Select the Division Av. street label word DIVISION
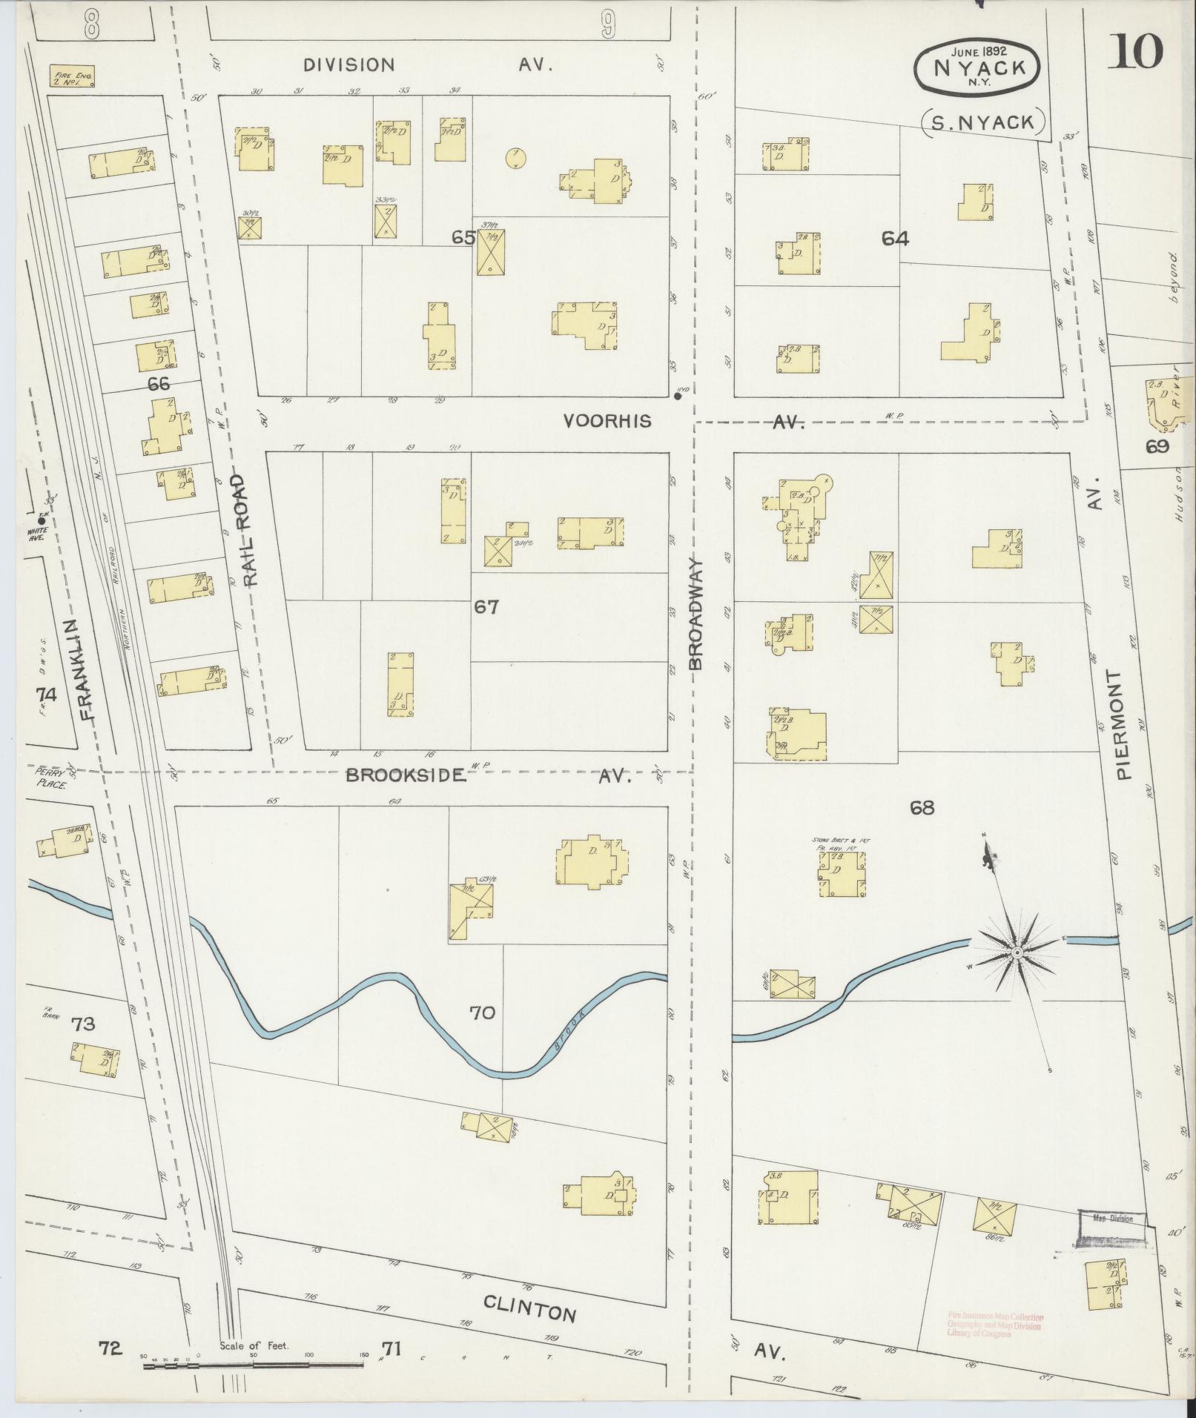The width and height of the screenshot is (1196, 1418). pyautogui.click(x=348, y=65)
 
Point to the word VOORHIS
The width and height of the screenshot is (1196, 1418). pyautogui.click(x=607, y=421)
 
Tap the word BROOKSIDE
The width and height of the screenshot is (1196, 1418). pyautogui.click(x=406, y=776)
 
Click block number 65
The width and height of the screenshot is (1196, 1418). pyautogui.click(x=463, y=238)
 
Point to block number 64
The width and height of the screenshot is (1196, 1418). pyautogui.click(x=895, y=238)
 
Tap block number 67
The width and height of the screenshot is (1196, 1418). pyautogui.click(x=486, y=607)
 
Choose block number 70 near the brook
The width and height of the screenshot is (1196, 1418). pyautogui.click(x=482, y=1012)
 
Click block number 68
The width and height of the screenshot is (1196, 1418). pyautogui.click(x=922, y=807)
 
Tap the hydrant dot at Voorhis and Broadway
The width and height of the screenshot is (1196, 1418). pyautogui.click(x=678, y=396)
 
